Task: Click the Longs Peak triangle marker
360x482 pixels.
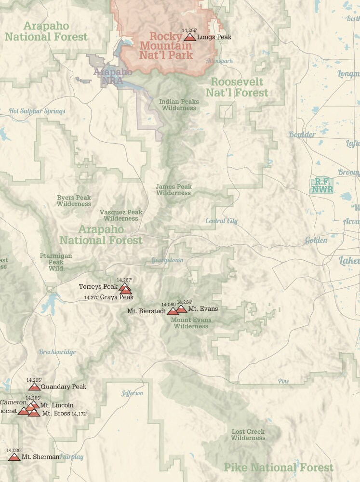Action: click(189, 37)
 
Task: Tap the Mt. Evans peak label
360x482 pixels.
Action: click(203, 308)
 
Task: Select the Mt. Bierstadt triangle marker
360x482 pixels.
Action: click(173, 311)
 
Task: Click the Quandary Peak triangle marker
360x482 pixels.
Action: click(34, 387)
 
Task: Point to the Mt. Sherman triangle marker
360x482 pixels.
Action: click(14, 456)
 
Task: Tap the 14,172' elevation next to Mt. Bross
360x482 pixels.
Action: click(79, 414)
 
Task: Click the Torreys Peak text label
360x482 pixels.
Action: click(98, 287)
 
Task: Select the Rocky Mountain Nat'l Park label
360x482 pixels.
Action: click(166, 45)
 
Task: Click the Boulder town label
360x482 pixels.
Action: click(302, 134)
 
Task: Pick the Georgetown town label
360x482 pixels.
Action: click(167, 260)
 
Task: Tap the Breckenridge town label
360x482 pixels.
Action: click(57, 352)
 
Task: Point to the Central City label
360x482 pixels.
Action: click(222, 221)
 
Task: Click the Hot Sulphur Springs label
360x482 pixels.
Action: click(37, 111)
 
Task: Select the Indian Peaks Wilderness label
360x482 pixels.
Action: click(179, 105)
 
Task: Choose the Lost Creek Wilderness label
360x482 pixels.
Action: click(248, 435)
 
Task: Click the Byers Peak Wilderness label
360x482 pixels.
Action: click(74, 201)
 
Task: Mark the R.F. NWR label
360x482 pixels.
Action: click(322, 186)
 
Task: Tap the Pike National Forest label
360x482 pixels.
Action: click(278, 467)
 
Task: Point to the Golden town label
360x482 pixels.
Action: click(316, 240)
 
